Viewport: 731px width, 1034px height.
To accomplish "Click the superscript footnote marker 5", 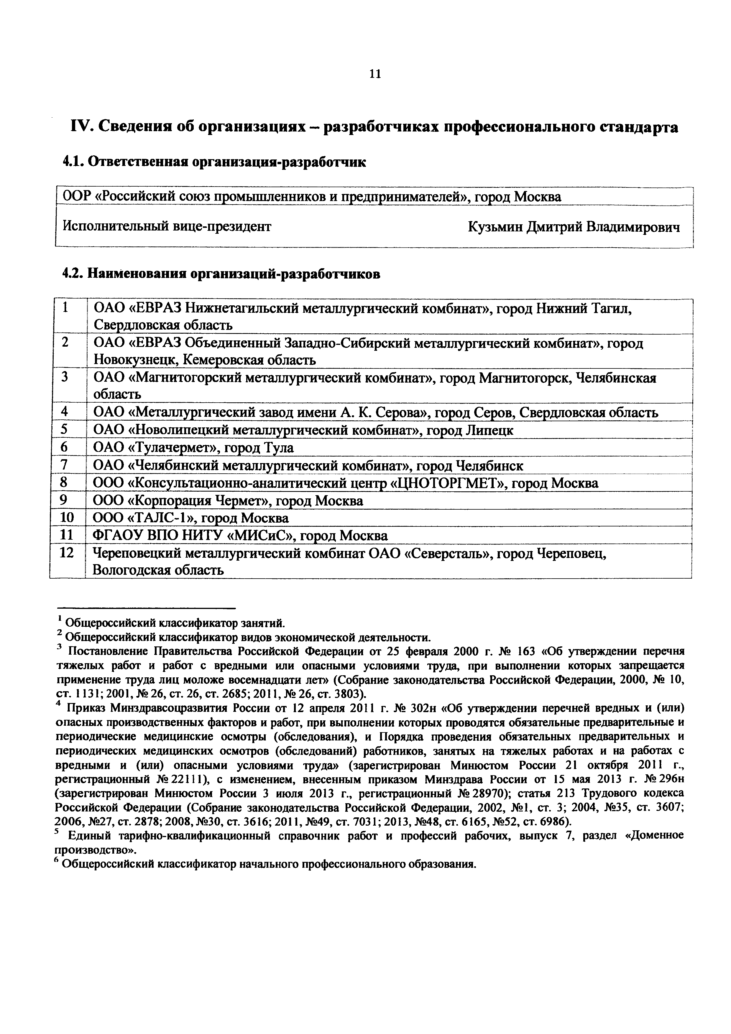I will pyautogui.click(x=57, y=833).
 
